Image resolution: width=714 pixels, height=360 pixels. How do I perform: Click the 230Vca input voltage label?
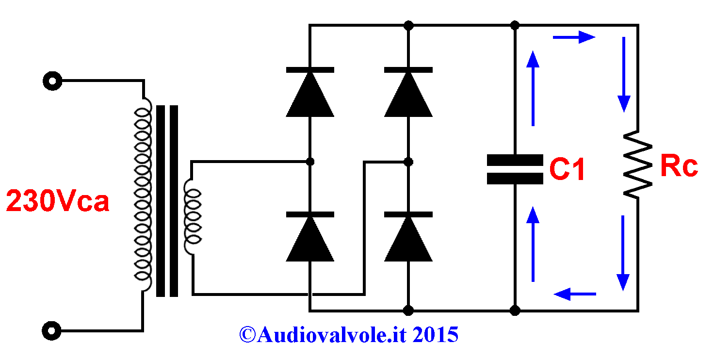58,200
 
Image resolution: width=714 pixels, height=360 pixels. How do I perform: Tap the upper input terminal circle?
52,81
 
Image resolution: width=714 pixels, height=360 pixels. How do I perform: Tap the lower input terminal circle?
51,331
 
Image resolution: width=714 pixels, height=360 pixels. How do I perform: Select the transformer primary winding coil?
143,195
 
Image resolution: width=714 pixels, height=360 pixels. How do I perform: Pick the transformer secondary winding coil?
192,217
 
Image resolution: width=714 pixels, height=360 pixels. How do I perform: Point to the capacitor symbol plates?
515,169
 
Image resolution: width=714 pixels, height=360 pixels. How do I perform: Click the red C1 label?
567,169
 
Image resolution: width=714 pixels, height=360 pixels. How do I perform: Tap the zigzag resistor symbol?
637,165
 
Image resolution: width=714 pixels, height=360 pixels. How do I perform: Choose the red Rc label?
679,165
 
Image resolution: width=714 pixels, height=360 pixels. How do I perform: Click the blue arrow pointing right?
574,37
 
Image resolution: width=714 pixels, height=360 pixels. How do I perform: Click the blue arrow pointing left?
575,294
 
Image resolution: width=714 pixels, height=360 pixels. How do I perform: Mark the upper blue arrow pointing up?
533,88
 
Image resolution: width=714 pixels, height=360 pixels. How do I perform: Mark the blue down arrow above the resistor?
624,75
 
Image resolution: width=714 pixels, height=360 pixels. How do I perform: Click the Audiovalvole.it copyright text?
349,335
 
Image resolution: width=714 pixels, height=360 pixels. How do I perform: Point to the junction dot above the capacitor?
515,25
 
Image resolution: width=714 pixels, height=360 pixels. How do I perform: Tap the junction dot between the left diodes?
310,162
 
